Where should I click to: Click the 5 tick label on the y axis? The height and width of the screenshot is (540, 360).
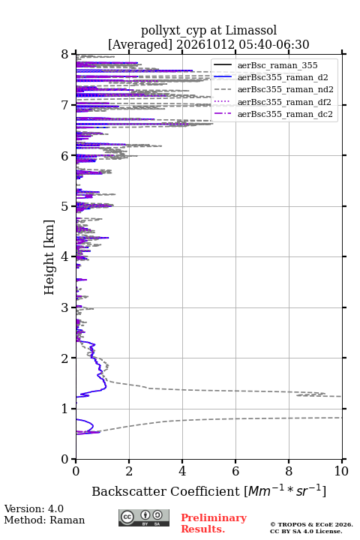pos(65,207)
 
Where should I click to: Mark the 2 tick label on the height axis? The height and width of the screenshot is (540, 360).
pos(65,358)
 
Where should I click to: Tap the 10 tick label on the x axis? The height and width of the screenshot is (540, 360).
pos(341,471)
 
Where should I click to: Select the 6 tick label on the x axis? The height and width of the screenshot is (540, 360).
pos(235,471)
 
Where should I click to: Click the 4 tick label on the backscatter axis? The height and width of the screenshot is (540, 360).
pos(182,471)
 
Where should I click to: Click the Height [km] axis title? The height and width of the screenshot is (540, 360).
pos(49,257)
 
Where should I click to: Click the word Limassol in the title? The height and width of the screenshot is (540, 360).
pos(250,31)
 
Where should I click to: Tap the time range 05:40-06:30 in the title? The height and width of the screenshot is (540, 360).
pos(272,44)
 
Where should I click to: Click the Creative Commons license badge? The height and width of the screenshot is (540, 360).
pos(144,517)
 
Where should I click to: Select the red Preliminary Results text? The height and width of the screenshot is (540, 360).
pos(214,523)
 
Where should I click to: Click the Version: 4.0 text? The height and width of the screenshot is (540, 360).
pos(34,508)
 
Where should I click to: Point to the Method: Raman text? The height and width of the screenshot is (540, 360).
pos(44,520)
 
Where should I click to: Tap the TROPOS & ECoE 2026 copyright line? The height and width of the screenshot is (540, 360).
pos(311,524)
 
